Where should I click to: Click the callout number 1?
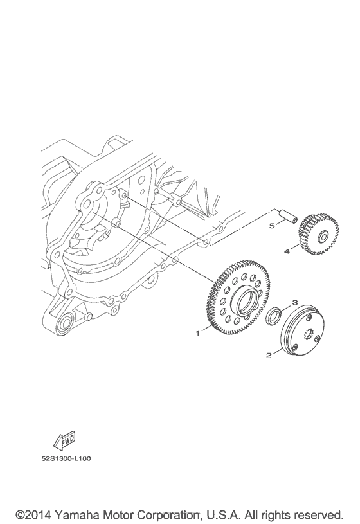click(x=199, y=333)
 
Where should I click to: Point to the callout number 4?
click(x=287, y=251)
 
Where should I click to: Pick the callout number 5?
click(x=272, y=226)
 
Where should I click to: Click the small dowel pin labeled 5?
click(x=287, y=215)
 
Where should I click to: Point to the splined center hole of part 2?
click(x=307, y=334)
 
